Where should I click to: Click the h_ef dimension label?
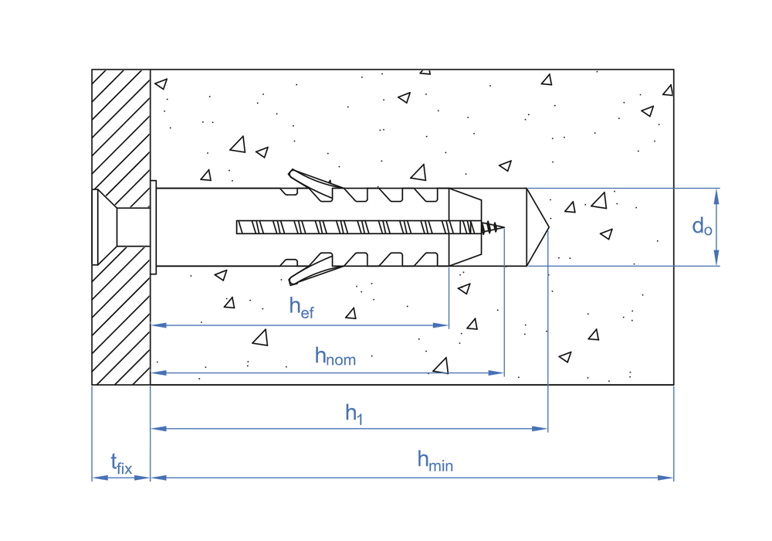coord(301,307)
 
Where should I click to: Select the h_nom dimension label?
coord(335,356)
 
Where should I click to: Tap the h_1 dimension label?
coord(354,414)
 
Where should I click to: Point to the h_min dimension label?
coord(435,461)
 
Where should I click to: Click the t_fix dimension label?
coord(121,464)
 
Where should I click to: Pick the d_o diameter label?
coord(702,226)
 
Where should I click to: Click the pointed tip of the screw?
coord(503,227)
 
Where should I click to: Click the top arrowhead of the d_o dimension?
coord(717,194)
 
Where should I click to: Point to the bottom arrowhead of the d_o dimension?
coord(717,260)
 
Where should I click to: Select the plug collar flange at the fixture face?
coord(153,227)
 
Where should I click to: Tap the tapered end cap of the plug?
coord(465,227)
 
